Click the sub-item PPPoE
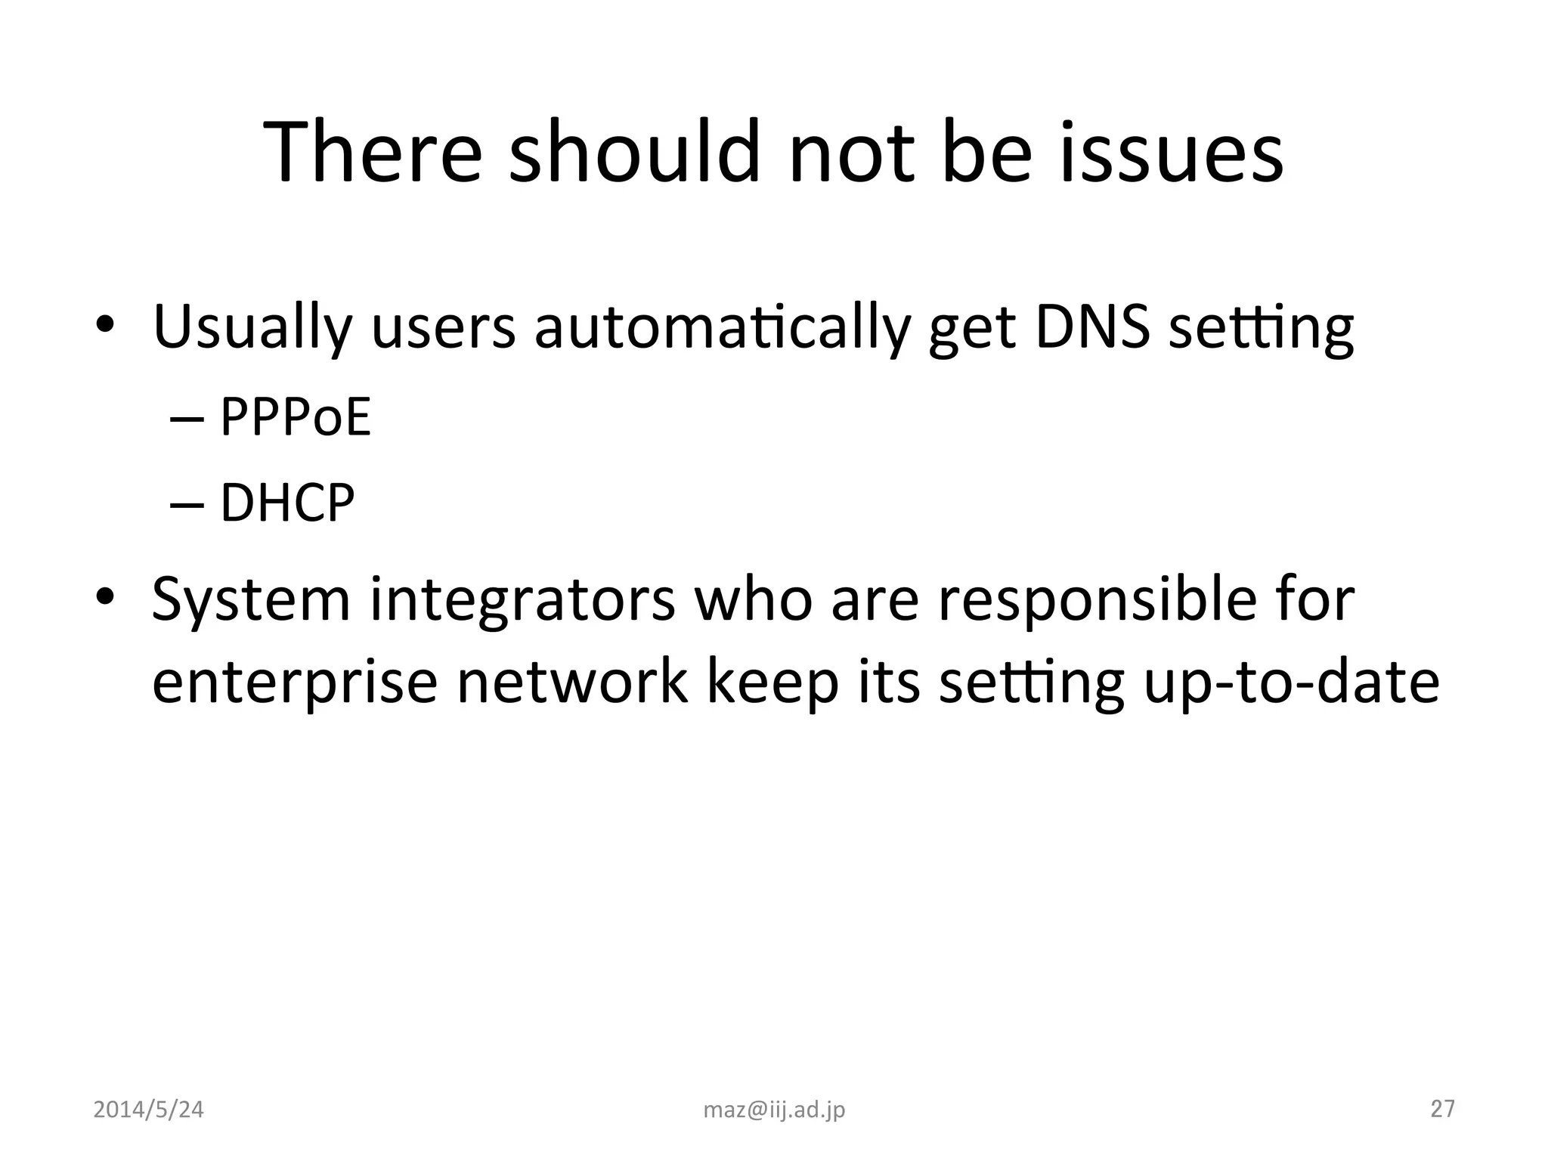[x=296, y=416]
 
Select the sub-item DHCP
[x=287, y=503]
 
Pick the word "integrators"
[x=522, y=599]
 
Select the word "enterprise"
[x=295, y=683]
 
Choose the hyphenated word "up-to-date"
[x=1290, y=683]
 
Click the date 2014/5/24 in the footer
[x=148, y=1110]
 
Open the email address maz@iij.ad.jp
[x=774, y=1110]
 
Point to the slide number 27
[x=1442, y=1109]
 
